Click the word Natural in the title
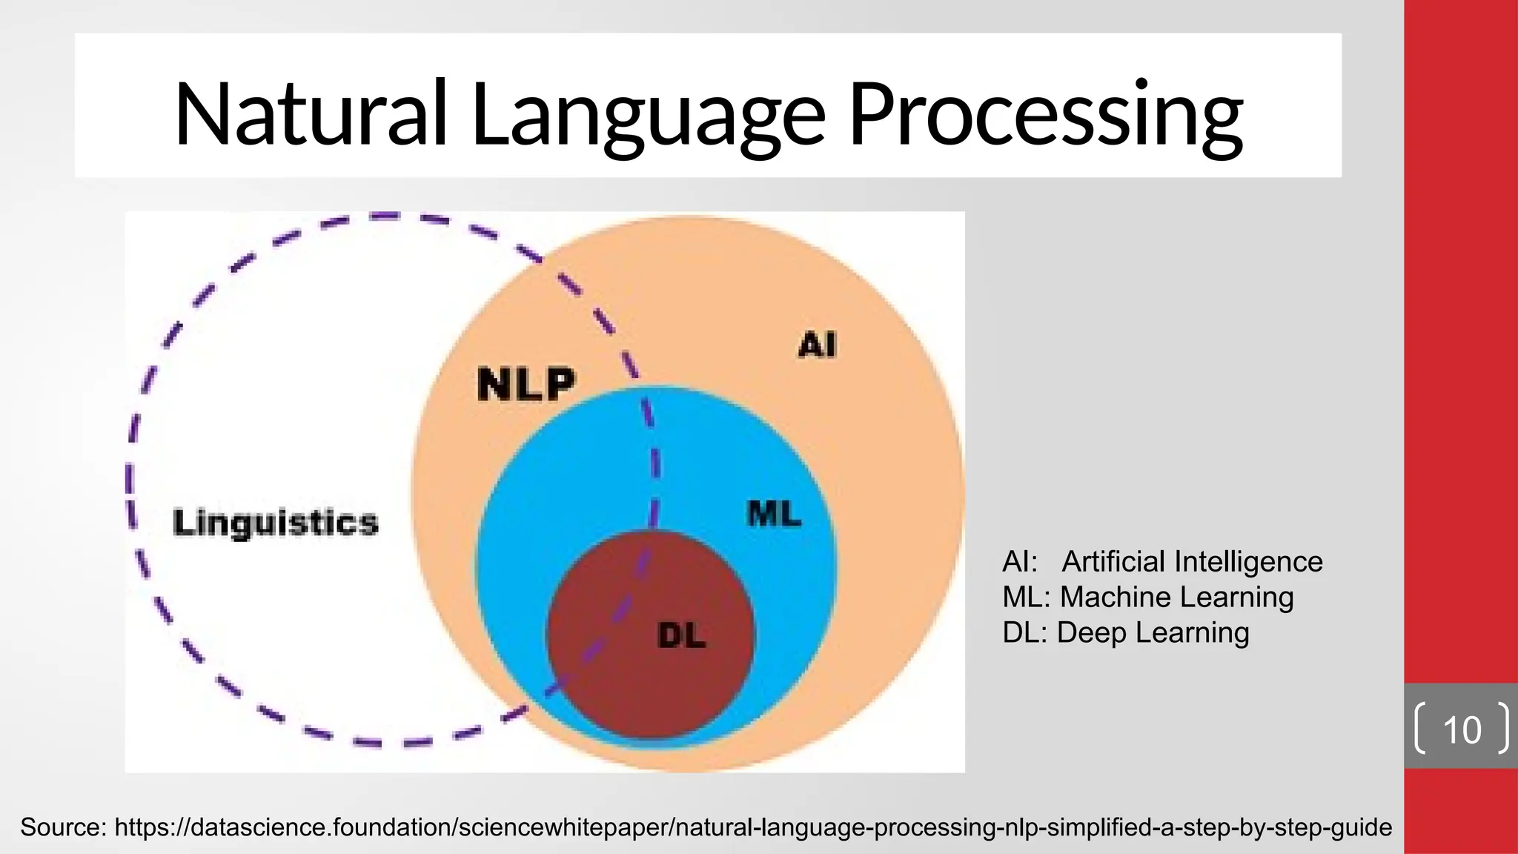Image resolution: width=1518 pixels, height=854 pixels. (x=311, y=115)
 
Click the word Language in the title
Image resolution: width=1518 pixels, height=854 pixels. (x=648, y=115)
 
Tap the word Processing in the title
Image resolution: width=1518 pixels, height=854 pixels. (x=1045, y=115)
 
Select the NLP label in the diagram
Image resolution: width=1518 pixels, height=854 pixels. (x=526, y=384)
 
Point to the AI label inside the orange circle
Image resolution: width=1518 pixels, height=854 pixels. (x=817, y=345)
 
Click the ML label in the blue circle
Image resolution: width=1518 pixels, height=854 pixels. (x=774, y=513)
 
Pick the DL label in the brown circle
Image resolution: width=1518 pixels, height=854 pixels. (x=681, y=635)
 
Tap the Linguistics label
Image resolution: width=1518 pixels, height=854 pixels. (x=276, y=523)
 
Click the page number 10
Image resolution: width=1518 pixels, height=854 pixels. (x=1462, y=729)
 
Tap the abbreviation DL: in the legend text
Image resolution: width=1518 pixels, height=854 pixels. (x=1025, y=633)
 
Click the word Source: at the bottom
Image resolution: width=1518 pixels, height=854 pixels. (x=64, y=827)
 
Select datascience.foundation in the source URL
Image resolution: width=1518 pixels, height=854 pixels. (x=322, y=827)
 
